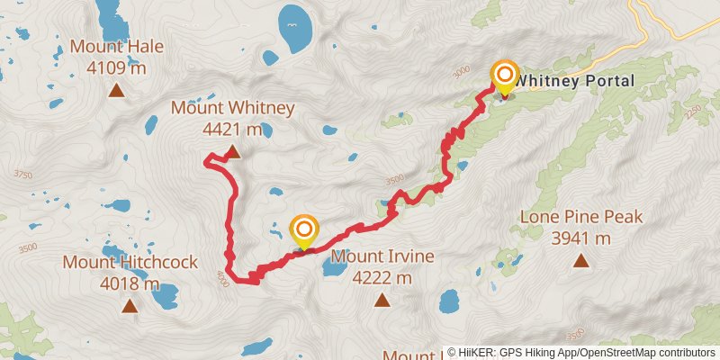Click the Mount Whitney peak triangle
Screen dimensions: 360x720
point(233,153)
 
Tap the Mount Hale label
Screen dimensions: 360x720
point(117,46)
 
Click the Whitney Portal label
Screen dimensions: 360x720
point(575,81)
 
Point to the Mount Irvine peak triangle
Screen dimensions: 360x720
point(382,301)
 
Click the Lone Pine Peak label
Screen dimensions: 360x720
point(580,217)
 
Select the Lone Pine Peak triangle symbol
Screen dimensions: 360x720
point(580,261)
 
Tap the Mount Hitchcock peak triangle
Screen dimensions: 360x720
point(130,306)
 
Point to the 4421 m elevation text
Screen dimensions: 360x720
point(232,130)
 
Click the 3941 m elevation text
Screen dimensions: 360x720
point(580,238)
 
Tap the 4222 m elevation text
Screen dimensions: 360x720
point(382,278)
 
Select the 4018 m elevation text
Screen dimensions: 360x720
point(130,284)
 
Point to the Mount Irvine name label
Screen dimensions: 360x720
point(382,257)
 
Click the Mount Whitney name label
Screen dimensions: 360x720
point(233,109)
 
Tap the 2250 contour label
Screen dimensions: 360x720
point(692,111)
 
